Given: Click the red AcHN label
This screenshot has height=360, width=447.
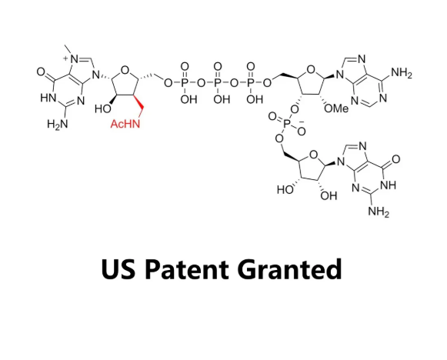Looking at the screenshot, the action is (x=125, y=124).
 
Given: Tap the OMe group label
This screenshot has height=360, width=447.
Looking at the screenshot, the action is (x=336, y=108).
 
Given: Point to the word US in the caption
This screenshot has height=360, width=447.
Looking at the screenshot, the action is (x=118, y=268).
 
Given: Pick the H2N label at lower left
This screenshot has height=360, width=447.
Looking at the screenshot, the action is (x=58, y=125).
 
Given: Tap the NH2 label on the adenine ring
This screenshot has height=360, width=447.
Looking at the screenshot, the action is (x=402, y=73).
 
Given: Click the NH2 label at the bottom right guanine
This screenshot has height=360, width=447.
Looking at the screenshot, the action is (x=379, y=212).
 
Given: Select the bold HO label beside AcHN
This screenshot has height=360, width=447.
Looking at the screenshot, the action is (x=102, y=108).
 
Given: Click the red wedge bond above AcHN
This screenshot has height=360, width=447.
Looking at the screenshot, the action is (x=138, y=102).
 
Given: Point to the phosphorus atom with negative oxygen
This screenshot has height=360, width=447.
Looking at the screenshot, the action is (x=288, y=123).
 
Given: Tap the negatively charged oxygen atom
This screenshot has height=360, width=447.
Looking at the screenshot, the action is (x=302, y=131).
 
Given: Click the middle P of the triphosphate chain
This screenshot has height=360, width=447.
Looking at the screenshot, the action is (x=218, y=83).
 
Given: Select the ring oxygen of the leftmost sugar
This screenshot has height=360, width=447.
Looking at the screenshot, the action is (x=125, y=70).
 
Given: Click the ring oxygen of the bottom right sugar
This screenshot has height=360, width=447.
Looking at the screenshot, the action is (x=313, y=155).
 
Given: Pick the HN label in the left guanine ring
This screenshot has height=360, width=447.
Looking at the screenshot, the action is (x=48, y=98).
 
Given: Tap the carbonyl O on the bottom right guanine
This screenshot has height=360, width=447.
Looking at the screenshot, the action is (x=396, y=159).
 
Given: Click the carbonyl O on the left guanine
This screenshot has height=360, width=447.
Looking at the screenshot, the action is (x=41, y=72).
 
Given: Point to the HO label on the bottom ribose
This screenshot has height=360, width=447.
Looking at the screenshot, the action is (x=285, y=189).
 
